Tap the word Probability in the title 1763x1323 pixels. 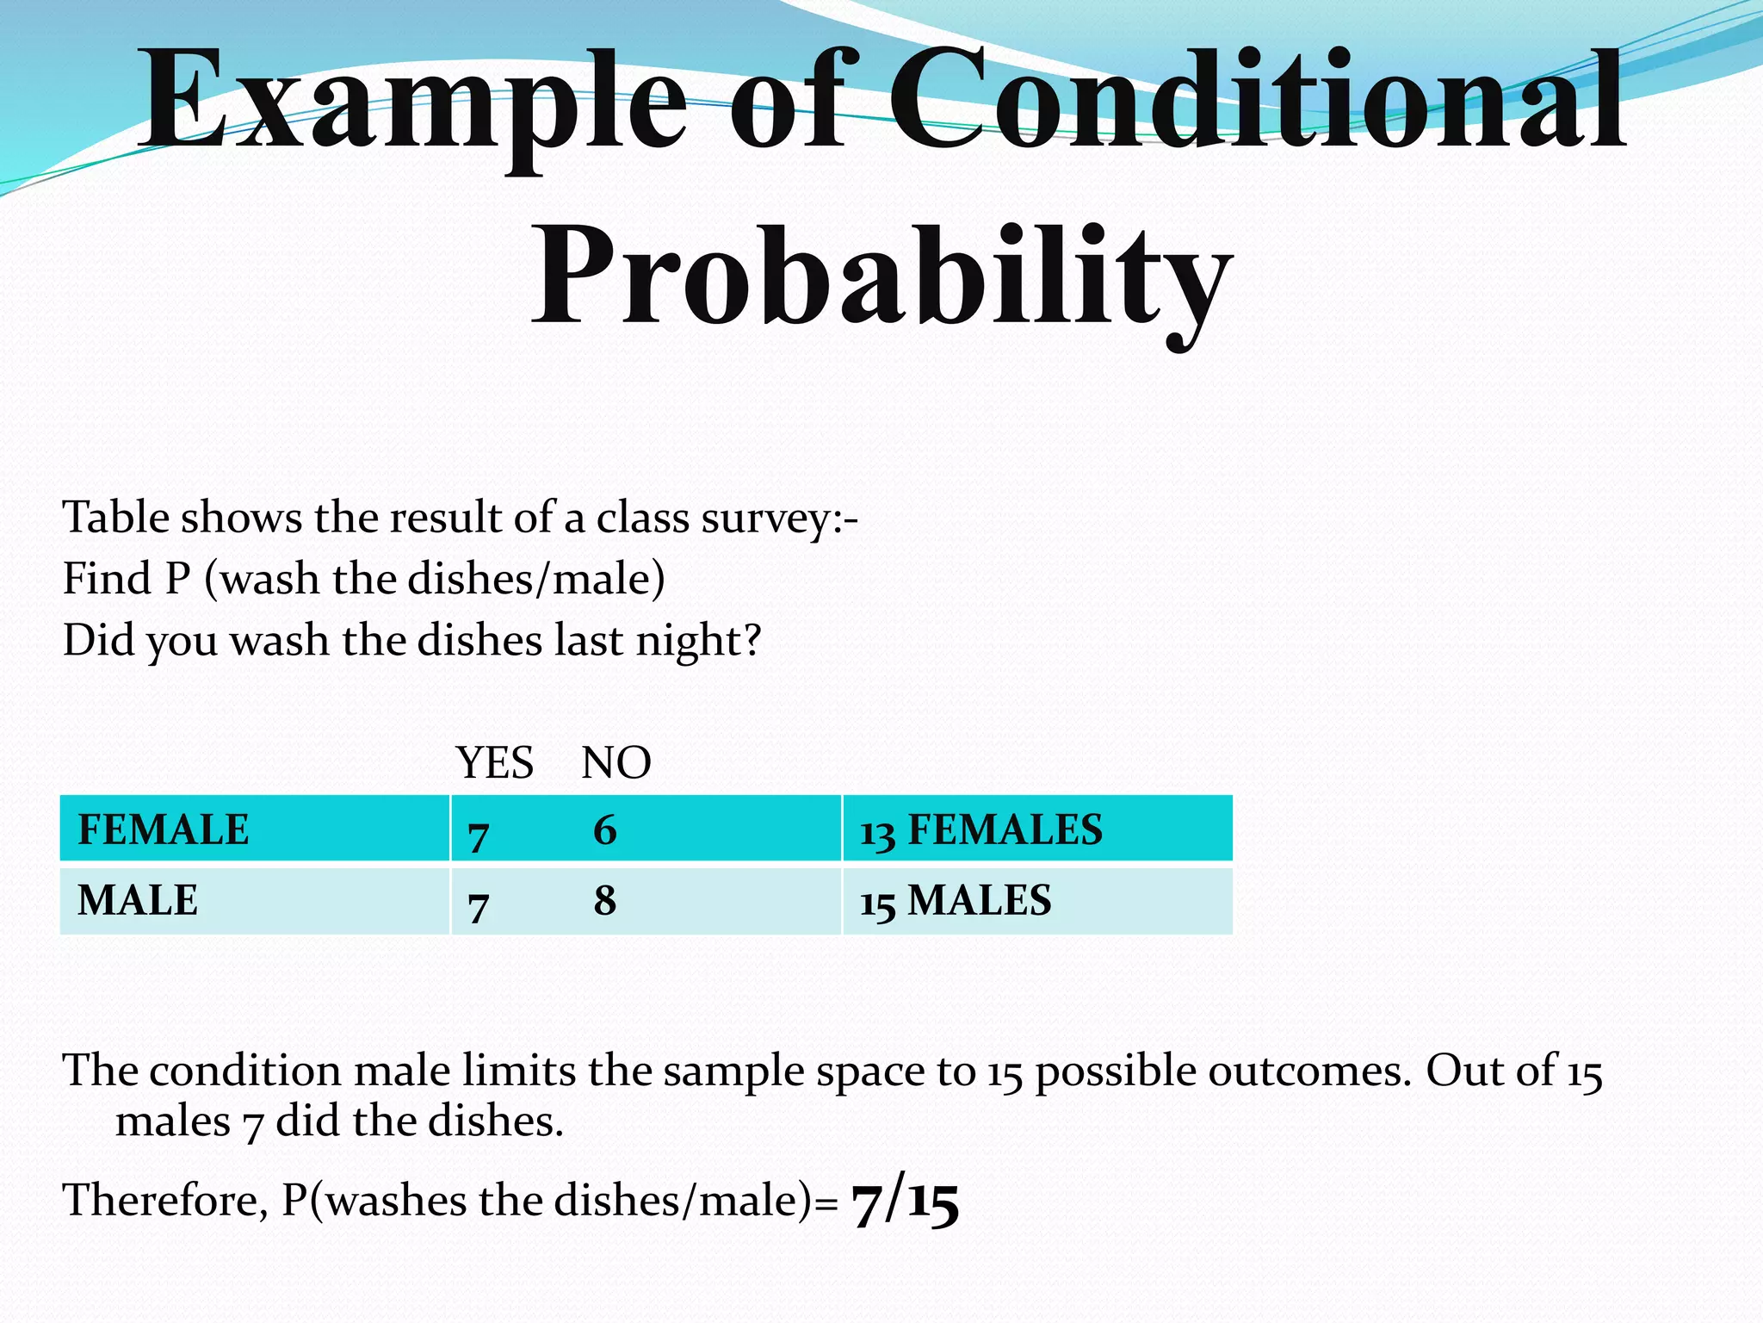pyautogui.click(x=882, y=276)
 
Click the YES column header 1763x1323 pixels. pyautogui.click(x=495, y=762)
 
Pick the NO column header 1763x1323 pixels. pyautogui.click(x=616, y=762)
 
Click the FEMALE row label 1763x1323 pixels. pyautogui.click(x=164, y=829)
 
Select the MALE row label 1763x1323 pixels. pyautogui.click(x=138, y=900)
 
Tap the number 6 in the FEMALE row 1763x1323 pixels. pyautogui.click(x=605, y=830)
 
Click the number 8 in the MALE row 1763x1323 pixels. pyautogui.click(x=605, y=901)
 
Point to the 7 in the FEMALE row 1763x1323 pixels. pyautogui.click(x=479, y=835)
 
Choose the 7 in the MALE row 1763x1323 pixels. pyautogui.click(x=479, y=905)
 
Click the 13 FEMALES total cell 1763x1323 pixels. pyautogui.click(x=981, y=830)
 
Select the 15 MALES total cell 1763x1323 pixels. pyautogui.click(x=956, y=901)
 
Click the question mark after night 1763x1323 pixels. pyautogui.click(x=752, y=640)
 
